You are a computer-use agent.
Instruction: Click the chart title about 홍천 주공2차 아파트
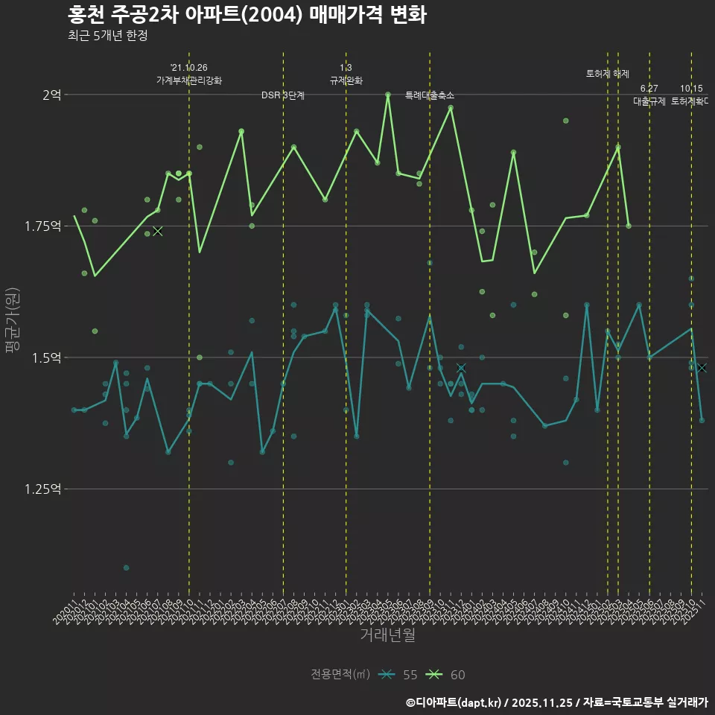247,15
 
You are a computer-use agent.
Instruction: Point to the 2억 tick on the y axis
51,95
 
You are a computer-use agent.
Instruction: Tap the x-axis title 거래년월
387,635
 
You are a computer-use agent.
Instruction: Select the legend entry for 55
398,675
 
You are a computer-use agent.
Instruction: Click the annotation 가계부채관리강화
189,80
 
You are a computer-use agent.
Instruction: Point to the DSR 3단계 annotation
283,95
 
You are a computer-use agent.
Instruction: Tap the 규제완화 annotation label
346,80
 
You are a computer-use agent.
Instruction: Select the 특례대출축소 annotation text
430,95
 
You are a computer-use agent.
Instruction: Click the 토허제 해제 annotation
608,74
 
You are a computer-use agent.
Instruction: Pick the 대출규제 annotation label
649,101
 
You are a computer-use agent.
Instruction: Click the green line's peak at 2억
388,95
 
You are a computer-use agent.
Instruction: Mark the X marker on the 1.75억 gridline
157,231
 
